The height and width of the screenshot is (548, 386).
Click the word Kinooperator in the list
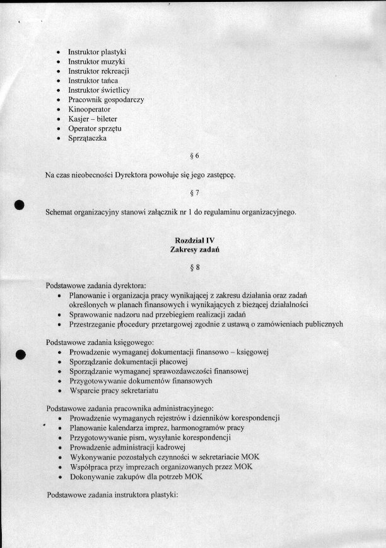[89, 109]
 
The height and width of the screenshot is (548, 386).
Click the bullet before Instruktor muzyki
[58, 62]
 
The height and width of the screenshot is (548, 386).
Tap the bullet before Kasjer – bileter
[58, 119]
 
